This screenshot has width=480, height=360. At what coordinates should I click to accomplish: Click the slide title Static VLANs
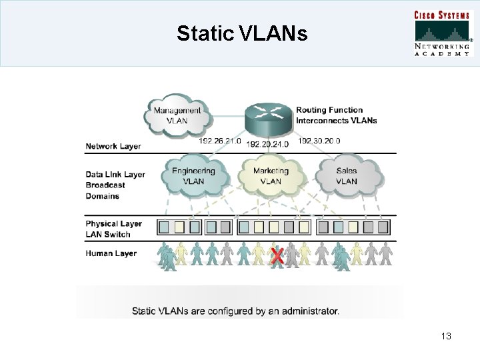tap(242, 33)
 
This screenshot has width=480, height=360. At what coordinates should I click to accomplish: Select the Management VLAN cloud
tap(177, 115)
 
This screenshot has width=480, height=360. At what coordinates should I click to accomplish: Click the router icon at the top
tap(269, 118)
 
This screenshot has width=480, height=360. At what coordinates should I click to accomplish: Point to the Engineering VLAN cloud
tap(193, 175)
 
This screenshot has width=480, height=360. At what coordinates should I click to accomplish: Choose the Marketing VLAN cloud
tap(271, 175)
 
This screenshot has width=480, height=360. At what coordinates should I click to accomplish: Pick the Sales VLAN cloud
tap(347, 175)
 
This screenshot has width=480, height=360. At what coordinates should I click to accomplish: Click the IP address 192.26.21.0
tap(221, 141)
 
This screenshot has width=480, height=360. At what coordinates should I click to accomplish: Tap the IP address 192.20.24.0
tap(268, 144)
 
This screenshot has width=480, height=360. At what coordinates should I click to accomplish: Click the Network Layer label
tap(113, 146)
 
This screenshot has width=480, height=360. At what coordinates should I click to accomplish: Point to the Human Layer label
tap(111, 253)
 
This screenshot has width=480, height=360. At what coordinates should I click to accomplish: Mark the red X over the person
tap(276, 255)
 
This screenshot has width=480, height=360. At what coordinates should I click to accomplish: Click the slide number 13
tap(446, 337)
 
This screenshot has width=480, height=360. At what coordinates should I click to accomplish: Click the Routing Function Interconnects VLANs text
tap(336, 115)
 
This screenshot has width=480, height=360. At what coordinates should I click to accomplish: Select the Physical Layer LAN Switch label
tap(113, 229)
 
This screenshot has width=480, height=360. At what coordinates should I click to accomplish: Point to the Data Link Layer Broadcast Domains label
tap(115, 185)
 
